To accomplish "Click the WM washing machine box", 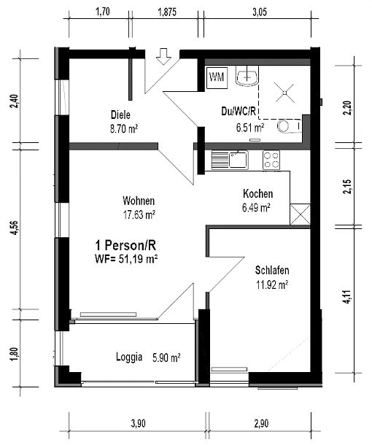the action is coord(217,77).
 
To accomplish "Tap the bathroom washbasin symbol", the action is coord(247,75).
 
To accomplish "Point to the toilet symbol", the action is coord(289,126).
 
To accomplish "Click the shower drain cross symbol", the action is coord(285,93).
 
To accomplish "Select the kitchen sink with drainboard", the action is coord(230,160).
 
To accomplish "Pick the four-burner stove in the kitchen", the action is coord(271,160).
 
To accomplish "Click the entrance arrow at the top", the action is coord(163,56).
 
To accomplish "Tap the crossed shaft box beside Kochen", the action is coord(301,214).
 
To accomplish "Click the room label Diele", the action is coord(120,115).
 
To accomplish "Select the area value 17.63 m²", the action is coord(139,214).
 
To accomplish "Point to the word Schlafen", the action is coord(272,270).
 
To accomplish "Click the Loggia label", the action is coord(129,357).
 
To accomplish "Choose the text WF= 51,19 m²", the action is coord(126,259).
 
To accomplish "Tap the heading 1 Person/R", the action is coord(125,246).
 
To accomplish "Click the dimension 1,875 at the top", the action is coord(167,12).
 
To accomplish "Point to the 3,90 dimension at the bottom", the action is coord(138,424).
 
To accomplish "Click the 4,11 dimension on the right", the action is coord(348,297).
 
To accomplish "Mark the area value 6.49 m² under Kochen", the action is coord(256,208).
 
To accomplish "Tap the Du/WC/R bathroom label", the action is coord(239,111).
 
